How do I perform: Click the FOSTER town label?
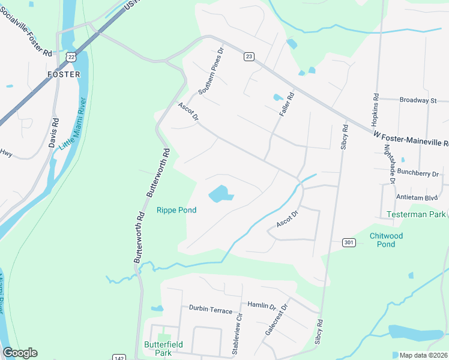point(64,74)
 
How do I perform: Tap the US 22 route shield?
point(72,56)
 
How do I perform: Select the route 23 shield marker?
point(249,56)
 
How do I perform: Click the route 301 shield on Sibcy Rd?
point(349,242)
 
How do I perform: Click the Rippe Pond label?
point(176,210)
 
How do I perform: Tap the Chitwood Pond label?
point(387,240)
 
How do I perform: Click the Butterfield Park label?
point(158,349)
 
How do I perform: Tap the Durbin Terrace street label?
point(210,310)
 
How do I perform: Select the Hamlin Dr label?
point(261,305)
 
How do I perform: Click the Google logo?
point(20,353)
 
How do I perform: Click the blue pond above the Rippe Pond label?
point(219,194)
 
